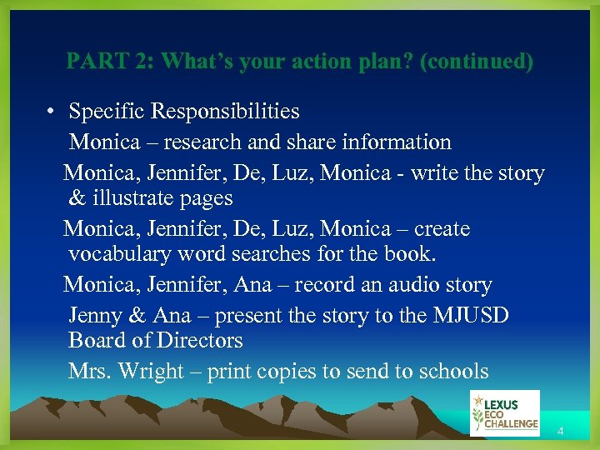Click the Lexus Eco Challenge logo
(504, 412)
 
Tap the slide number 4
(561, 432)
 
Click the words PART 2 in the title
(110, 62)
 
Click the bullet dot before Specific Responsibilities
(52, 112)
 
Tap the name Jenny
(95, 316)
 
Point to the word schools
(452, 372)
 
